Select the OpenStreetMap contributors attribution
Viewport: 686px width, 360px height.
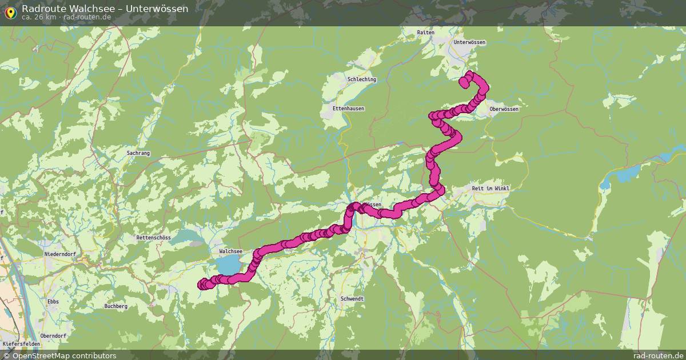tap(59, 355)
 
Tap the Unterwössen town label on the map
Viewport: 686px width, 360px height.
tap(469, 42)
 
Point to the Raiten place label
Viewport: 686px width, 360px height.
tap(426, 33)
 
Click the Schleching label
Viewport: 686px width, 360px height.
tap(362, 79)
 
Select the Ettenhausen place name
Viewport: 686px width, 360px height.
tap(348, 108)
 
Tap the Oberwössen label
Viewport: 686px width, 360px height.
tap(504, 109)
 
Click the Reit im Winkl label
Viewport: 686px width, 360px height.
tap(490, 188)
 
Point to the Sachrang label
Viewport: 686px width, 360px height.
tap(138, 153)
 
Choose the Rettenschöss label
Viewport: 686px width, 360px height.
tap(154, 237)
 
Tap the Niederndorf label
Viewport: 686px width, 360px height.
tap(60, 254)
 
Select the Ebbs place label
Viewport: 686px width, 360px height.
tap(53, 301)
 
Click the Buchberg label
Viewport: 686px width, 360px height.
tap(116, 306)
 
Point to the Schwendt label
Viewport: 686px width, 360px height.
tap(352, 299)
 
